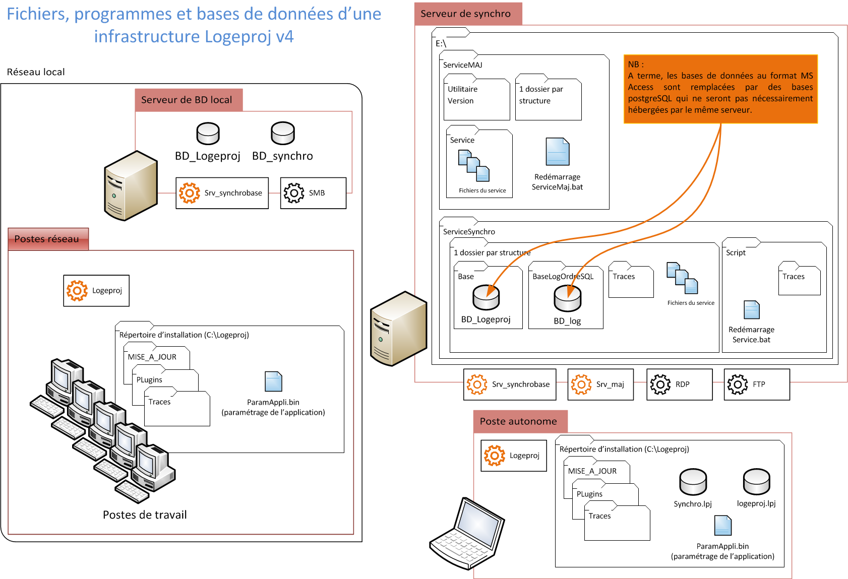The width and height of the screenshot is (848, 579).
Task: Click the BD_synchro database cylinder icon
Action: click(x=283, y=134)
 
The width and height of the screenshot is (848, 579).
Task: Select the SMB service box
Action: click(x=313, y=193)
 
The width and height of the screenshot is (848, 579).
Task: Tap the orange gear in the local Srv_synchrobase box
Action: click(x=190, y=193)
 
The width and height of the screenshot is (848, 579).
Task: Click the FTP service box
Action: click(x=756, y=384)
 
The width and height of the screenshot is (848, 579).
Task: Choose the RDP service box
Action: click(x=679, y=384)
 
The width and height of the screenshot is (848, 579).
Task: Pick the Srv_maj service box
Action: click(x=600, y=384)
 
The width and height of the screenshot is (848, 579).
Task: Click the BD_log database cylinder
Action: click(x=567, y=299)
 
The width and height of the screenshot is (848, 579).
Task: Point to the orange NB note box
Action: click(x=720, y=89)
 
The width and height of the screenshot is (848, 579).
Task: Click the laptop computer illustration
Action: click(x=466, y=534)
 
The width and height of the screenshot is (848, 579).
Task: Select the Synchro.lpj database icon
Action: click(x=693, y=482)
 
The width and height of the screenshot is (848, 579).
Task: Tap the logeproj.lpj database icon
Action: click(x=756, y=482)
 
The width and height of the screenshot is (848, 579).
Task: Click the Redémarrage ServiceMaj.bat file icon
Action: click(x=557, y=152)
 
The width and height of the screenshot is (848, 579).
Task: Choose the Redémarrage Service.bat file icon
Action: click(x=751, y=310)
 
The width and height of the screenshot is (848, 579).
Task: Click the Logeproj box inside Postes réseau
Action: click(x=96, y=291)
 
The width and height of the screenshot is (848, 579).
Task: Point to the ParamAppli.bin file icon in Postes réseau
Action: click(x=273, y=382)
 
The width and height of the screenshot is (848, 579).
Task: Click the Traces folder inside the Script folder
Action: click(x=799, y=280)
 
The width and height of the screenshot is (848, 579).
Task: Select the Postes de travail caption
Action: click(x=145, y=515)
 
